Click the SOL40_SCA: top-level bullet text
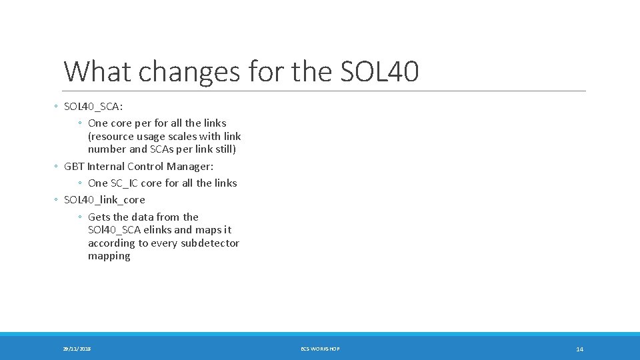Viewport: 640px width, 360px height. click(x=93, y=107)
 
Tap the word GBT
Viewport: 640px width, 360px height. click(x=74, y=166)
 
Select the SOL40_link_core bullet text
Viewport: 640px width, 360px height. click(x=104, y=199)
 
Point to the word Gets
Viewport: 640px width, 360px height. click(x=99, y=217)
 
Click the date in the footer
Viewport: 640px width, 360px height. click(x=77, y=349)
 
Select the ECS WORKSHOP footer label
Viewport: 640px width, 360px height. click(x=320, y=349)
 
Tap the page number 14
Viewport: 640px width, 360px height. click(x=579, y=349)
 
